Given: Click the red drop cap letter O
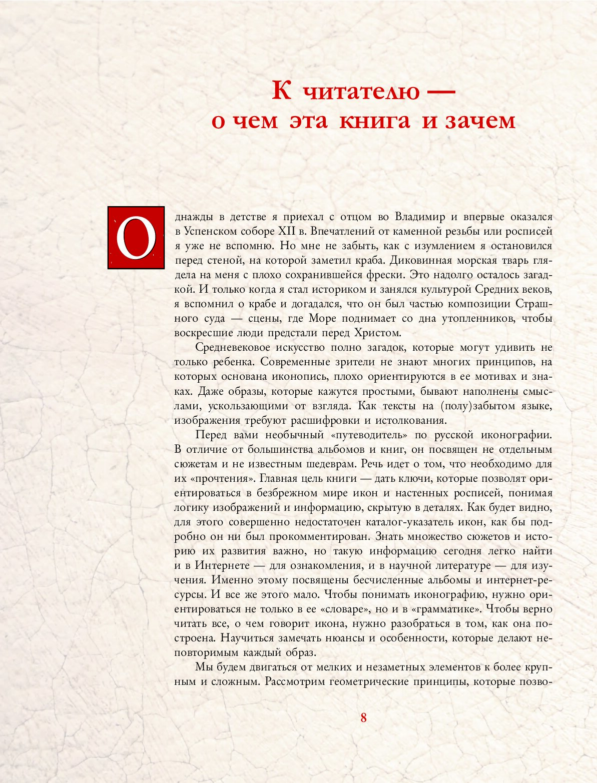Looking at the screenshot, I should click(136, 238).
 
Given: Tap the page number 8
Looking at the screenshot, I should click(363, 717).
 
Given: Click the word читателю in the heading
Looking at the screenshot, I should click(362, 92).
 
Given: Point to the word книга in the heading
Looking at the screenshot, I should click(374, 121).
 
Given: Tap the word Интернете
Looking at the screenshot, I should click(222, 566).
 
